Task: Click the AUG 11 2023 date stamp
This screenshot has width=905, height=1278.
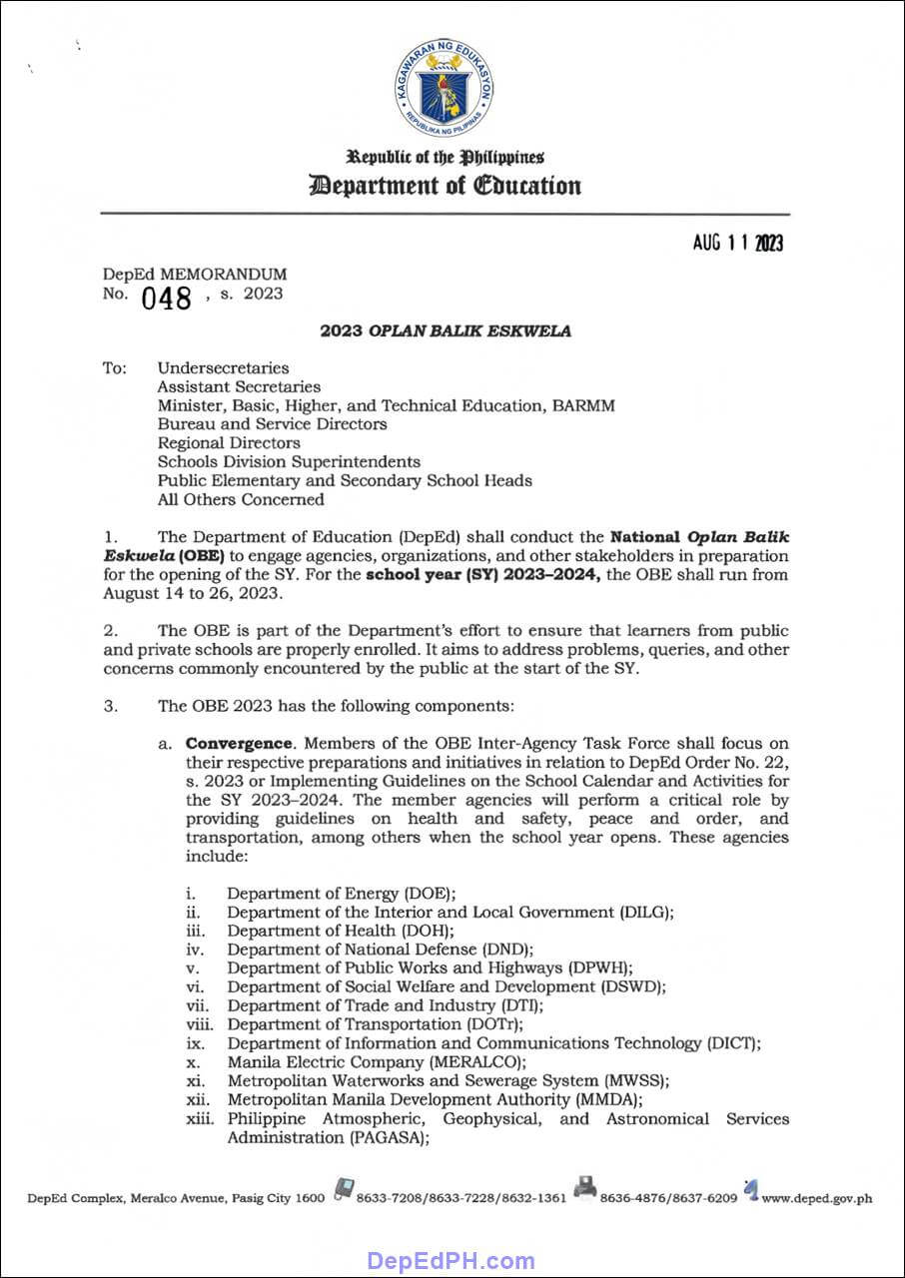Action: (x=738, y=244)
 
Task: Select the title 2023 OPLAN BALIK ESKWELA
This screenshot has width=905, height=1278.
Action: (x=446, y=331)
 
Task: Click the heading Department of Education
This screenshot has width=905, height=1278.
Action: (x=445, y=186)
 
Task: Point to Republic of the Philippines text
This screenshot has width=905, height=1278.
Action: (x=445, y=158)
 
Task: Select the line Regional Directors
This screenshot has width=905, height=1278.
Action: (x=229, y=442)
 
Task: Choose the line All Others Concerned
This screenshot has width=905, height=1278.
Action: (x=241, y=499)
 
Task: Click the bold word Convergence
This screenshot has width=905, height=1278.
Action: (x=240, y=743)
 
